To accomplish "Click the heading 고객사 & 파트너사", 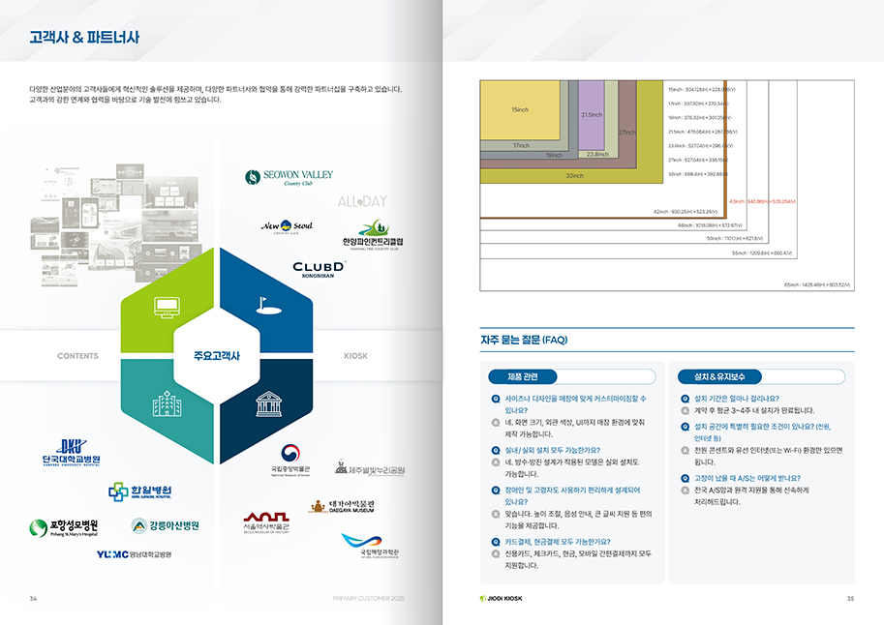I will tap(84, 38).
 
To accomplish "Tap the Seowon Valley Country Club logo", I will tap(289, 177).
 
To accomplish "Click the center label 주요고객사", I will tap(217, 355).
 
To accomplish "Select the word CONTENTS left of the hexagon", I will tap(77, 356).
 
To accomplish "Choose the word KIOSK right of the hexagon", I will tap(355, 356).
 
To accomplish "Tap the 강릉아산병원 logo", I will tap(166, 525).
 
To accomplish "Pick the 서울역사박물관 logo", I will tap(266, 521).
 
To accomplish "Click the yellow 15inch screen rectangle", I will tap(520, 109).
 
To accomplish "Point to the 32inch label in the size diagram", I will tap(574, 176).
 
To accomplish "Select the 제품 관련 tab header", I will tap(530, 376).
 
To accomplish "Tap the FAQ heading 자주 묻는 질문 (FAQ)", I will tap(524, 340).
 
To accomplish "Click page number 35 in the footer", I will tap(850, 598).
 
